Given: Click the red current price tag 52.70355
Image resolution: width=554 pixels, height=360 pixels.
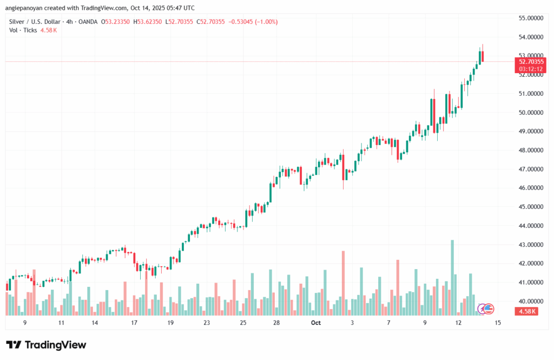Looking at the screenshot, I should tap(531, 62).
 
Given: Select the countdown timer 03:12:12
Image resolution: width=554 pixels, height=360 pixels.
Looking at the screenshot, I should tap(531, 69).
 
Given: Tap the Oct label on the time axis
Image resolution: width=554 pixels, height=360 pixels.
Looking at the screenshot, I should tap(316, 323).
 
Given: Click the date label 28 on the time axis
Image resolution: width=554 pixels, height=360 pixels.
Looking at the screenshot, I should tap(276, 323).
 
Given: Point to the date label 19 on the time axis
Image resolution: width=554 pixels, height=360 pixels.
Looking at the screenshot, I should tap(170, 323).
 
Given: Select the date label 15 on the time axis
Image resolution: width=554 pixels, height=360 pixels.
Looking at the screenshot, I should tap(498, 323).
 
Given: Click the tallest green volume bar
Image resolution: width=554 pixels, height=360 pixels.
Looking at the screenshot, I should tap(452, 277).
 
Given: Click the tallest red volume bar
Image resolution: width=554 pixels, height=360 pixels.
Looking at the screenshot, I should tap(343, 282).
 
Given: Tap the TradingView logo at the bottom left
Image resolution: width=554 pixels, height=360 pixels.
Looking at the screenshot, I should tap(46, 345).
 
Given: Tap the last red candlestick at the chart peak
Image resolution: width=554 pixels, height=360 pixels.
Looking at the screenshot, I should tap(483, 56).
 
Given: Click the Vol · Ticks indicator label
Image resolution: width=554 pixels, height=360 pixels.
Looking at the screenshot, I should tap(22, 30).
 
